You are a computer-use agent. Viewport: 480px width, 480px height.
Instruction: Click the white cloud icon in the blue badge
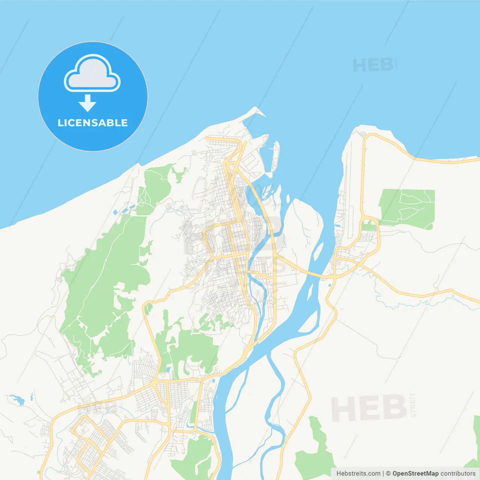(92, 73)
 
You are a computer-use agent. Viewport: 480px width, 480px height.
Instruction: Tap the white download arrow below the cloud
(87, 103)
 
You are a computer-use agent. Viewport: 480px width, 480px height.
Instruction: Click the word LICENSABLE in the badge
(93, 123)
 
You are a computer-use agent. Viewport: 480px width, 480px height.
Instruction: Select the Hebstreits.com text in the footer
(358, 474)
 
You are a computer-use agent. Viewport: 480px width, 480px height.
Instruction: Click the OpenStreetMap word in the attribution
(415, 474)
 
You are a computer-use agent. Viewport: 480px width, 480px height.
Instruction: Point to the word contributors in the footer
(457, 474)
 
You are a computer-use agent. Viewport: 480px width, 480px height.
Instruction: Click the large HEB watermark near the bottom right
(369, 408)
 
